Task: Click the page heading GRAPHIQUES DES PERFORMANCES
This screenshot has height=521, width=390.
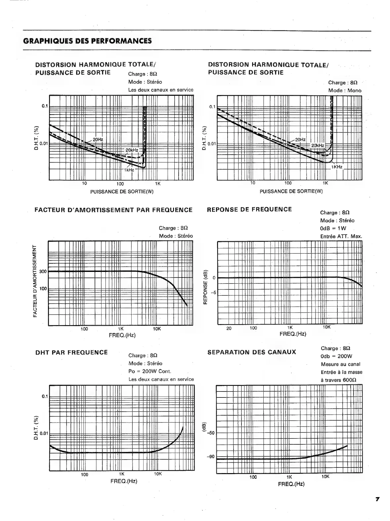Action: point(88,41)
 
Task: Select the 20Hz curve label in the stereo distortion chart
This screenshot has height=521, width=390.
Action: point(98,139)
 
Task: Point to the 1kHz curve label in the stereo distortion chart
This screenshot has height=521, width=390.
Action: point(129,169)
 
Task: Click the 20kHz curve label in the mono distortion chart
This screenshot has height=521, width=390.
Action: point(318,145)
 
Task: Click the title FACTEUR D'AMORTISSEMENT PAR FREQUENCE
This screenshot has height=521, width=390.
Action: point(113,210)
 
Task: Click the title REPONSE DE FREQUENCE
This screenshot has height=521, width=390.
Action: point(249,209)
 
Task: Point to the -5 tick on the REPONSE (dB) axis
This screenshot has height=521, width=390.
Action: point(213,292)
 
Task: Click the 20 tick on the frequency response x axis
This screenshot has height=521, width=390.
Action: point(229,328)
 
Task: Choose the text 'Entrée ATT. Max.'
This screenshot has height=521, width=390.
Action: point(341,236)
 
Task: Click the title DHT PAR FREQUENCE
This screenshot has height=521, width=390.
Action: point(71,352)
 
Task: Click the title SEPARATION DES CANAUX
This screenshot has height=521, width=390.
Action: point(251,352)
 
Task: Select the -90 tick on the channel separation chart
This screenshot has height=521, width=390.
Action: point(210,457)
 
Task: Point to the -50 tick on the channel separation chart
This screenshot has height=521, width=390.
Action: point(210,433)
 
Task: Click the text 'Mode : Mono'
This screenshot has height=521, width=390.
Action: point(345,90)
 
